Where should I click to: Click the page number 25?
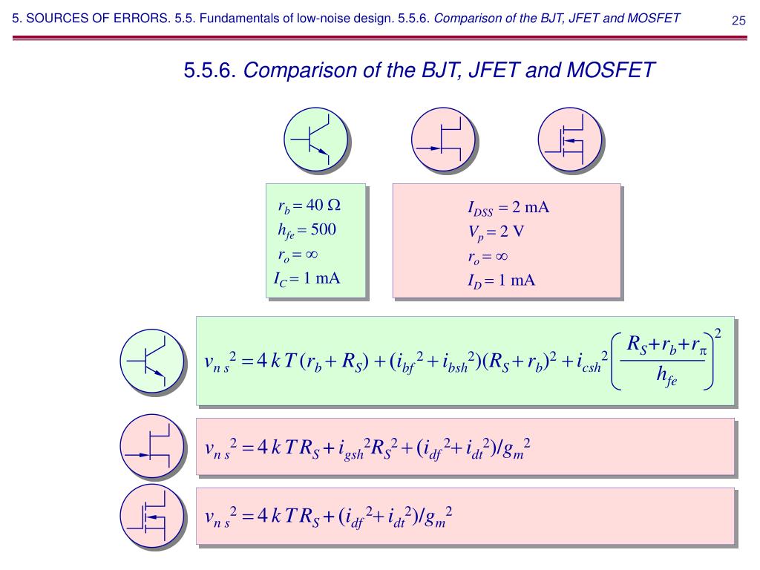[x=738, y=20]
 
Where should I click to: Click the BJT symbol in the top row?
[x=316, y=139]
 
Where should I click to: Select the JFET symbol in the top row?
[x=444, y=139]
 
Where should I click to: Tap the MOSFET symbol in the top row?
[x=570, y=139]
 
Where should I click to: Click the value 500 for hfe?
[x=324, y=230]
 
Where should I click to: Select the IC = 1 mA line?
[x=306, y=280]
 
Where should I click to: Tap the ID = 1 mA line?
[x=501, y=281]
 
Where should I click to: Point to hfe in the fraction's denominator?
[x=666, y=377]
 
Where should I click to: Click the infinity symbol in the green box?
[x=311, y=255]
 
